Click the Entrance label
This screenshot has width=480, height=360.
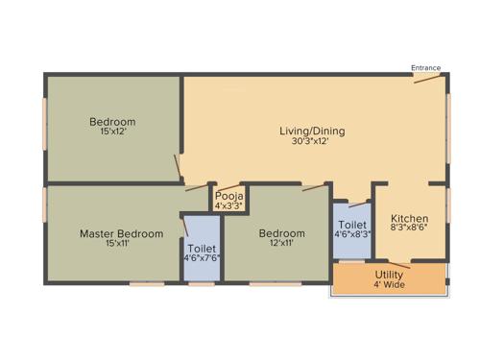coord(425,68)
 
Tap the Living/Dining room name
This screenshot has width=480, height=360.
coord(312,132)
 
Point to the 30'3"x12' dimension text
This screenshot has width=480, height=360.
coord(312,141)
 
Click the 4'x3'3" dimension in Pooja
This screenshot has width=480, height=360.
coord(228,204)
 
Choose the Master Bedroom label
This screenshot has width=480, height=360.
coord(121,233)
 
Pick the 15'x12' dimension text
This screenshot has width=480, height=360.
coord(112,132)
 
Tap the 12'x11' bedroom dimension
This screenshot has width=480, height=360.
coord(281,244)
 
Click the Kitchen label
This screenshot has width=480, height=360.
coord(410,219)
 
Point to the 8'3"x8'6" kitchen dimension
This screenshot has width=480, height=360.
coord(410,229)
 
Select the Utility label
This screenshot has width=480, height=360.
coord(389,274)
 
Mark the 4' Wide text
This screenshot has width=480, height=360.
coord(389,284)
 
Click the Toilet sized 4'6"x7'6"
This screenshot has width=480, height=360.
coord(203,248)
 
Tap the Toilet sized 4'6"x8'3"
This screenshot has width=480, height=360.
coord(352,223)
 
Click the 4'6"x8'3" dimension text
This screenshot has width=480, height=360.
coord(352,233)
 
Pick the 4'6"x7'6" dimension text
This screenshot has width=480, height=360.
coord(203,257)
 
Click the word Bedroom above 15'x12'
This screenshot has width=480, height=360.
coord(112,122)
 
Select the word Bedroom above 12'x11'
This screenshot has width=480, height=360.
coord(281,233)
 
